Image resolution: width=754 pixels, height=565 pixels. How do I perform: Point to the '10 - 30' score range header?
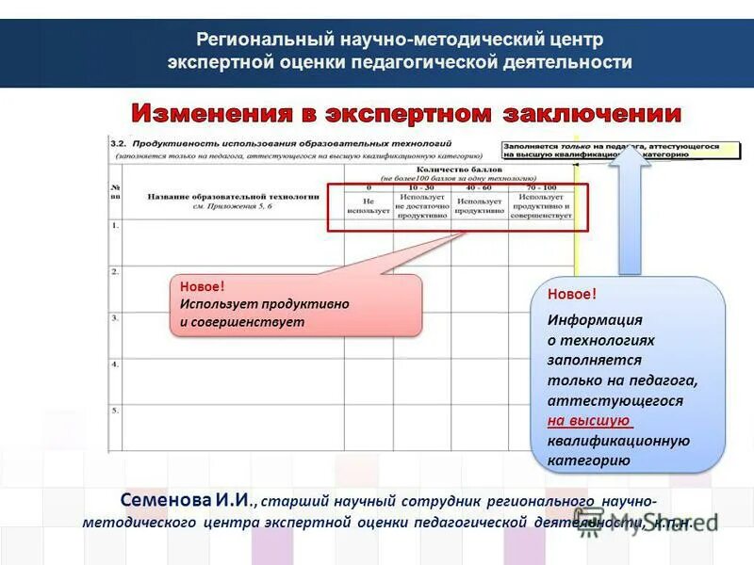click(x=421, y=187)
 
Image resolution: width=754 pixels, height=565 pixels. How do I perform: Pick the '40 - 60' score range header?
click(x=479, y=187)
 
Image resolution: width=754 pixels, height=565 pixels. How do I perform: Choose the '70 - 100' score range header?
click(x=541, y=187)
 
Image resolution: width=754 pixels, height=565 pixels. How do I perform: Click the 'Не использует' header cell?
click(x=368, y=207)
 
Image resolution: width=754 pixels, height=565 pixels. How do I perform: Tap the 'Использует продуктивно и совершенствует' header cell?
click(x=541, y=207)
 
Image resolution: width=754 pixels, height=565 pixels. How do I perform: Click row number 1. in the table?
click(x=115, y=226)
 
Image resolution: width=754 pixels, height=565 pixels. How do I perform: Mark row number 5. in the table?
click(x=115, y=411)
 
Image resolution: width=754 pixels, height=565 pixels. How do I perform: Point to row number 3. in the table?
click(x=115, y=318)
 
